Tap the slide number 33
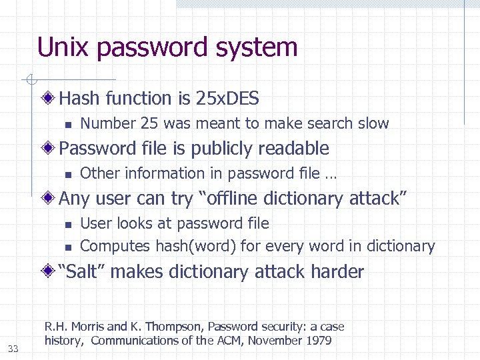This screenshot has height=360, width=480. (x=13, y=348)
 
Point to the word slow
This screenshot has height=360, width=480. (x=373, y=123)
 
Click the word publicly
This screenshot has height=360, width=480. (x=222, y=148)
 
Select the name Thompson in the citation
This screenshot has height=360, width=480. (x=174, y=327)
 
